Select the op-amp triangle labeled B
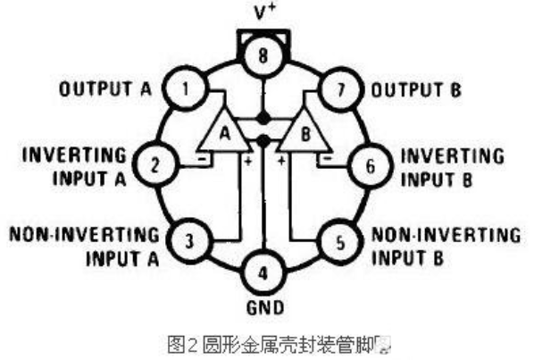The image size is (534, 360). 305,134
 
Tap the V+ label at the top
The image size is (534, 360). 264,13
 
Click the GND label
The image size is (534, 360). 265,307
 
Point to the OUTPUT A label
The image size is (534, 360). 105,89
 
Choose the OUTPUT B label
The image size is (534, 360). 416,90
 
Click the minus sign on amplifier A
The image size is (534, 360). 203,158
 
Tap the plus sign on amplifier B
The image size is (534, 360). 281,160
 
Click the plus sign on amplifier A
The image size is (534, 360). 248,161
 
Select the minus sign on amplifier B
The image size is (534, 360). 327,158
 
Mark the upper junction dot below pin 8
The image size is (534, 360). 263,119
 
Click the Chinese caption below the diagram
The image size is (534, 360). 279,345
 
